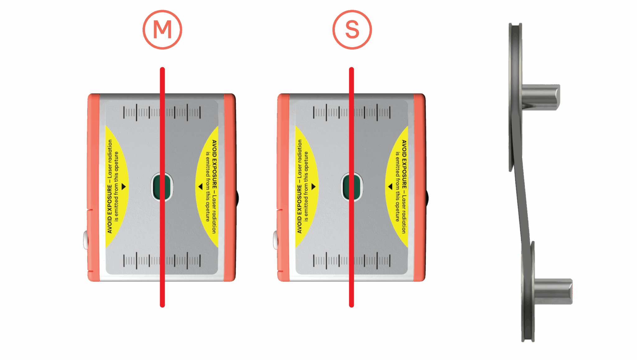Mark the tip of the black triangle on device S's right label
point(388,187)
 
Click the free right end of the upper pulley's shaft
point(559,97)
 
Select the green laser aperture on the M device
point(162,187)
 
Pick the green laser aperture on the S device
point(351,187)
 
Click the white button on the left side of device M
point(86,240)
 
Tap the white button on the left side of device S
point(275,240)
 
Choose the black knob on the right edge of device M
point(237,198)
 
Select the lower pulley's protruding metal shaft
point(553,291)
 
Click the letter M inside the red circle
point(162,30)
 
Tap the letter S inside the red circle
point(352,30)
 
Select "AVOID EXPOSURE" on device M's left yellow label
point(109,209)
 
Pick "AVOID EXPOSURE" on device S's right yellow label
point(404,164)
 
